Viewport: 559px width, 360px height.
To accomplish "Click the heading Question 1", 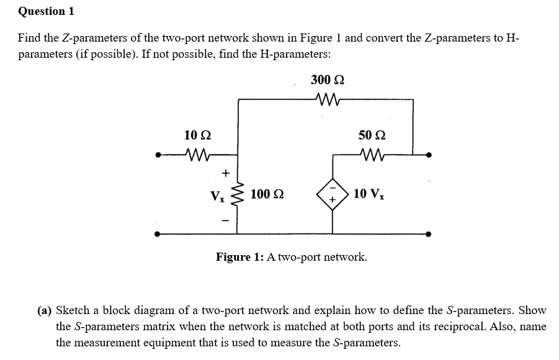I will click(42, 11).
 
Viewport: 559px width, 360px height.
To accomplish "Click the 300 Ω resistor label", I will click(327, 79).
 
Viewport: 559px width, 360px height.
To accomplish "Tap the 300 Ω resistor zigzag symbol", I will click(326, 98).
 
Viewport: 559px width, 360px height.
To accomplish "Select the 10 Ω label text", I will click(197, 135).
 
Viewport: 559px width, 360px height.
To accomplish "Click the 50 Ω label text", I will click(371, 135).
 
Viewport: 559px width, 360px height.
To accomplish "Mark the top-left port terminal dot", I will click(158, 155).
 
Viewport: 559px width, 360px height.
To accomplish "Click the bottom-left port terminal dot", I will click(158, 235).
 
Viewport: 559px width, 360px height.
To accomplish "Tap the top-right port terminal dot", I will click(429, 155).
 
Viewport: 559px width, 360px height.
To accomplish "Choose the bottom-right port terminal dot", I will click(429, 235).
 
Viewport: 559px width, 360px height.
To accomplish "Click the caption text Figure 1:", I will click(240, 256).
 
